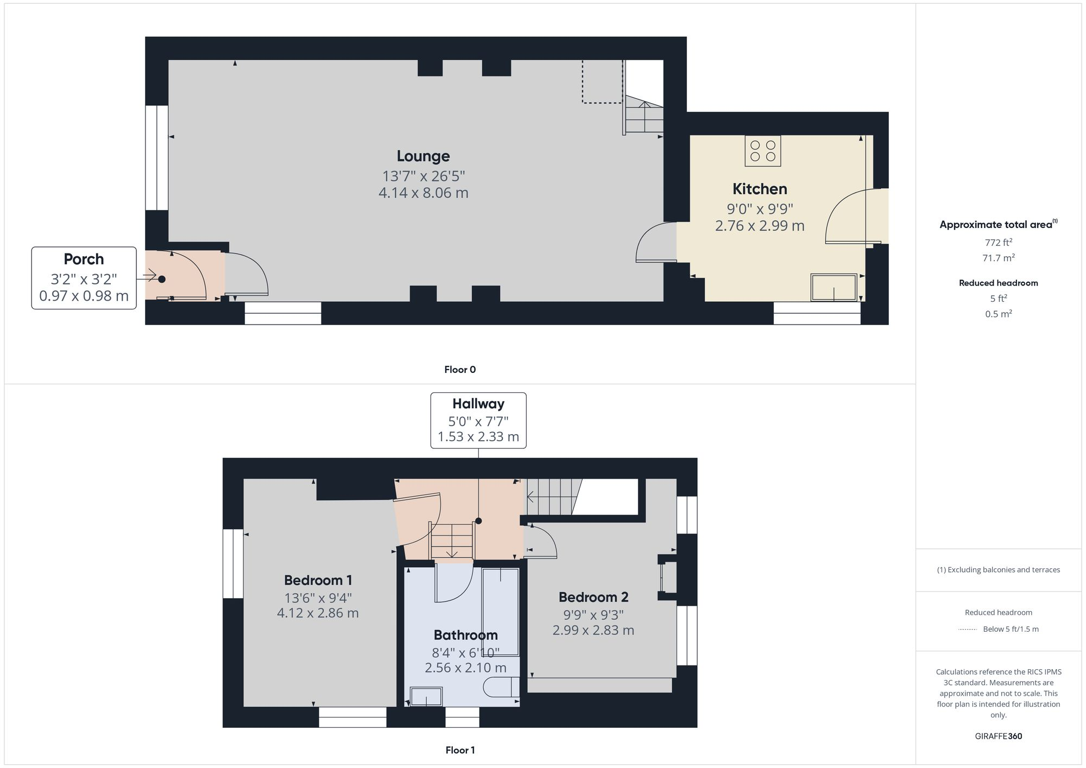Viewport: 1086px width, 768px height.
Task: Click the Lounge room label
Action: click(423, 156)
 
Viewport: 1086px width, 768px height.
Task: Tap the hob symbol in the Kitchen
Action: click(762, 151)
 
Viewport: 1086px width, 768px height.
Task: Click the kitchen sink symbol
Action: click(834, 287)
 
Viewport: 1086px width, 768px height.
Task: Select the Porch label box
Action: click(84, 278)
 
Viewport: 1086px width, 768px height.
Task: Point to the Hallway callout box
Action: click(478, 420)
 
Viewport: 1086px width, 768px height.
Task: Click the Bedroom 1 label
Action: click(318, 580)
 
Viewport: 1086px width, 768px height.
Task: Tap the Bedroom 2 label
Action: click(593, 597)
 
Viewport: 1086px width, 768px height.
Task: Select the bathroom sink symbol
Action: click(426, 696)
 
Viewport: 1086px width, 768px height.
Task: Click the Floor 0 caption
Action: click(459, 370)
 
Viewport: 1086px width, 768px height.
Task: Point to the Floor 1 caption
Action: click(459, 750)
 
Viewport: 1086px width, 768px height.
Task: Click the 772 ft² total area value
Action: click(998, 243)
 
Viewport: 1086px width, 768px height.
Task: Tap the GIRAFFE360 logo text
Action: click(998, 737)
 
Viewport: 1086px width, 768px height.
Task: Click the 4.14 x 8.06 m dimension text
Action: click(423, 193)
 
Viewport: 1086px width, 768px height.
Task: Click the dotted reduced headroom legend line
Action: click(968, 630)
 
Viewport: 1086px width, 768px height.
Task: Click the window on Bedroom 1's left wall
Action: click(233, 563)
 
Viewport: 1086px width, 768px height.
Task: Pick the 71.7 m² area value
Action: click(998, 258)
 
